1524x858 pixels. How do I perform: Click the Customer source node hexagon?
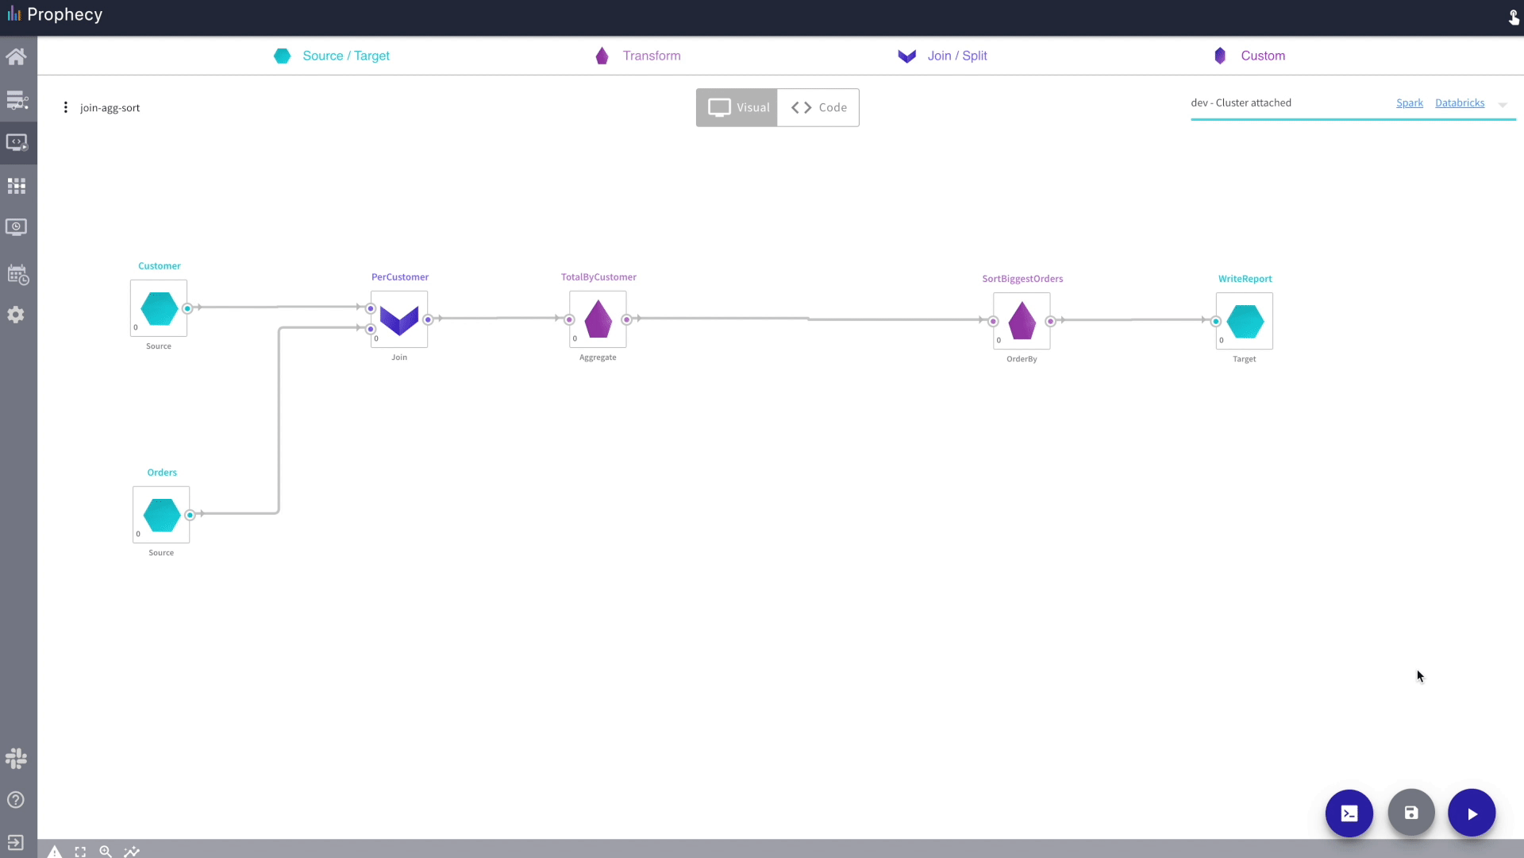[159, 308]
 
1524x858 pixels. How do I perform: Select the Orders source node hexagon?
[161, 515]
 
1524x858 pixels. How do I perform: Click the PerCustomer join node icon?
[399, 319]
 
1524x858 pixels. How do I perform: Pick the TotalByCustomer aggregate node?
[598, 319]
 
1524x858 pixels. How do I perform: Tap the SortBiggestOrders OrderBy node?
[1022, 321]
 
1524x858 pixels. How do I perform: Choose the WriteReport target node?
[1245, 321]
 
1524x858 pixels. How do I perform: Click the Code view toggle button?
[818, 107]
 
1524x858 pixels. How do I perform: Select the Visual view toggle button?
[737, 107]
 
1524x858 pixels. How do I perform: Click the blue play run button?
[1472, 813]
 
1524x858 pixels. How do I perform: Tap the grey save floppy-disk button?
[1411, 813]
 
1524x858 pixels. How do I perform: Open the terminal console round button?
[1349, 813]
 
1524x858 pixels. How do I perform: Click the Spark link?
[1410, 102]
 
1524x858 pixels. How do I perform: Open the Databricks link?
[1460, 102]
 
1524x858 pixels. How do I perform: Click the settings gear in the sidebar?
[16, 315]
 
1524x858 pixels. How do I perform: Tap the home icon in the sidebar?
[16, 56]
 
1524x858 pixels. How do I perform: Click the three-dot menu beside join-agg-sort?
[65, 107]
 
